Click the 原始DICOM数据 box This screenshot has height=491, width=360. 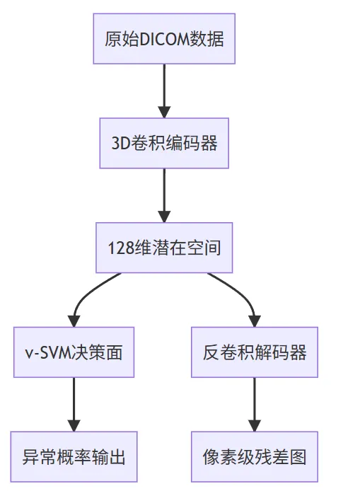[x=164, y=39]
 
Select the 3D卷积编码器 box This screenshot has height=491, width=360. [x=164, y=143]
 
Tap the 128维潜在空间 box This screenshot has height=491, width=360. [x=164, y=248]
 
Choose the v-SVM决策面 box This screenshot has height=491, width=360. [x=74, y=352]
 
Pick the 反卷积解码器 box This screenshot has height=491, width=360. [x=255, y=352]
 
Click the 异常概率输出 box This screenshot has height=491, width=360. [x=74, y=456]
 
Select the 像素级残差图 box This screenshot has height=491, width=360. [x=255, y=456]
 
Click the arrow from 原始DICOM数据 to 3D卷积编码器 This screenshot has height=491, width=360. [x=164, y=91]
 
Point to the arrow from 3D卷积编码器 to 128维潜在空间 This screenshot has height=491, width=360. [x=164, y=195]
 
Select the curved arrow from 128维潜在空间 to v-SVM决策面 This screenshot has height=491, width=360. [x=88, y=297]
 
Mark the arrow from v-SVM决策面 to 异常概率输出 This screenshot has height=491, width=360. [x=74, y=403]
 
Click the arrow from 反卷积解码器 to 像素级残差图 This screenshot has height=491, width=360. [x=255, y=403]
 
